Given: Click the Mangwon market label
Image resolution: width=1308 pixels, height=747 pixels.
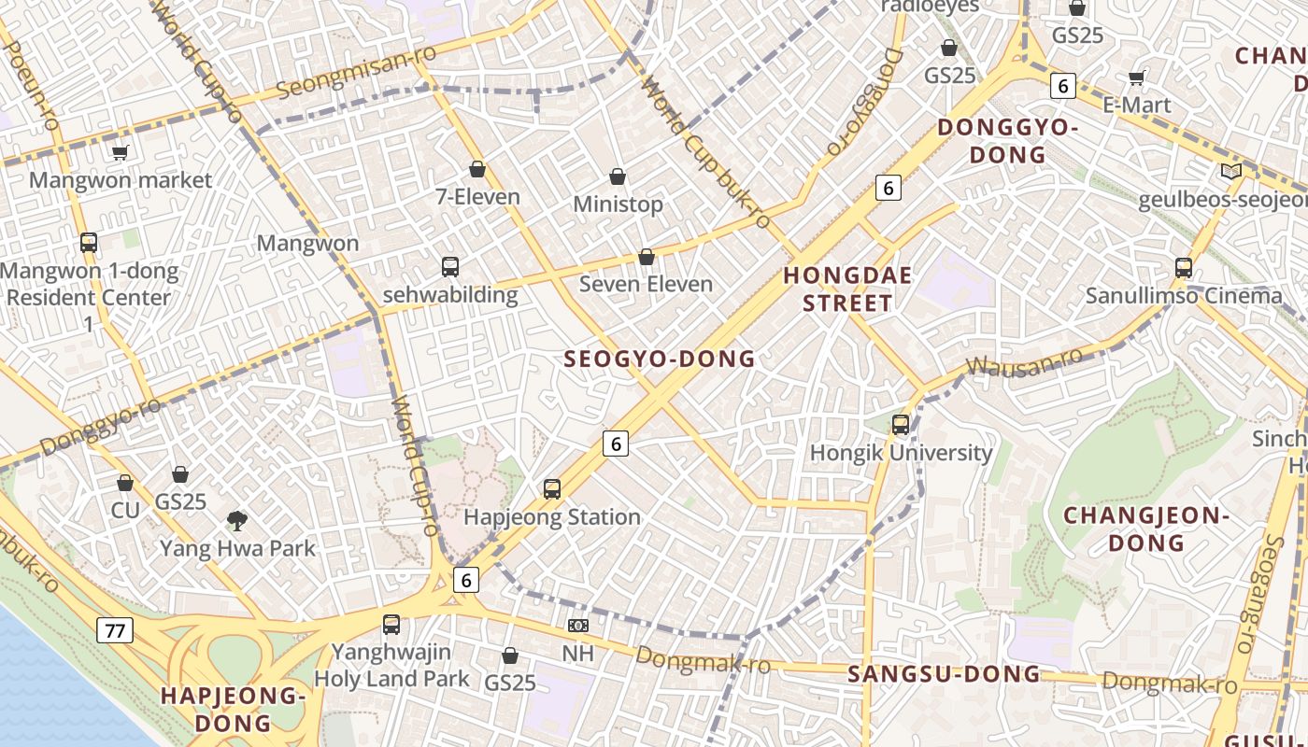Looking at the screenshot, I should (121, 179).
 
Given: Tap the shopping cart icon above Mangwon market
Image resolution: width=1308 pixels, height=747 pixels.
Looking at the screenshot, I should (120, 152).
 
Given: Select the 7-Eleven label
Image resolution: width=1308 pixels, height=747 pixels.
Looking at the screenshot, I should (477, 197).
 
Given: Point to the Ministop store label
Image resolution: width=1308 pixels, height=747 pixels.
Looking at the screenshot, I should (618, 204).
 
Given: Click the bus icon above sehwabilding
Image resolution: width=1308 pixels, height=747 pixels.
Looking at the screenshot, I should (450, 267).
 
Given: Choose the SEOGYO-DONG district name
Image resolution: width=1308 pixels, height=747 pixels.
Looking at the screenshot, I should (660, 359).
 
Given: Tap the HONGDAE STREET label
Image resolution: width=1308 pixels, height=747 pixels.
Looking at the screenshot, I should (846, 289).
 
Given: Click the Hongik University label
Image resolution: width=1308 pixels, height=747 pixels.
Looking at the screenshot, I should (901, 453).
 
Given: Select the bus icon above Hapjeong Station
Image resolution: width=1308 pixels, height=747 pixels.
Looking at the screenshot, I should (552, 489).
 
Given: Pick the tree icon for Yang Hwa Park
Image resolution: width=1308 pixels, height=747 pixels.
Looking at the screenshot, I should (237, 520).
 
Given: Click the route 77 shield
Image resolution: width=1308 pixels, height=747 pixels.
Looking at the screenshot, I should (115, 631).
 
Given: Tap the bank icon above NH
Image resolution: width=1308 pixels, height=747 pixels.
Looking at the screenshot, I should (578, 626).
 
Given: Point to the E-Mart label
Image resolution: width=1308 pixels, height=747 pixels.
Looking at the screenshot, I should (1136, 105).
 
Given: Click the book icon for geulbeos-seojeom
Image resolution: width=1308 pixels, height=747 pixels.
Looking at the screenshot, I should (1231, 172).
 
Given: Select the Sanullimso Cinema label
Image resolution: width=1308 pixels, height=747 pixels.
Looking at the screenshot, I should (1184, 296).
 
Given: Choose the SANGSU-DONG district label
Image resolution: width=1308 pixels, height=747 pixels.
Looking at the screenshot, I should (944, 674).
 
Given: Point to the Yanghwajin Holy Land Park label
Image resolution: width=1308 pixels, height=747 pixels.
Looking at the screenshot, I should (391, 665).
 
